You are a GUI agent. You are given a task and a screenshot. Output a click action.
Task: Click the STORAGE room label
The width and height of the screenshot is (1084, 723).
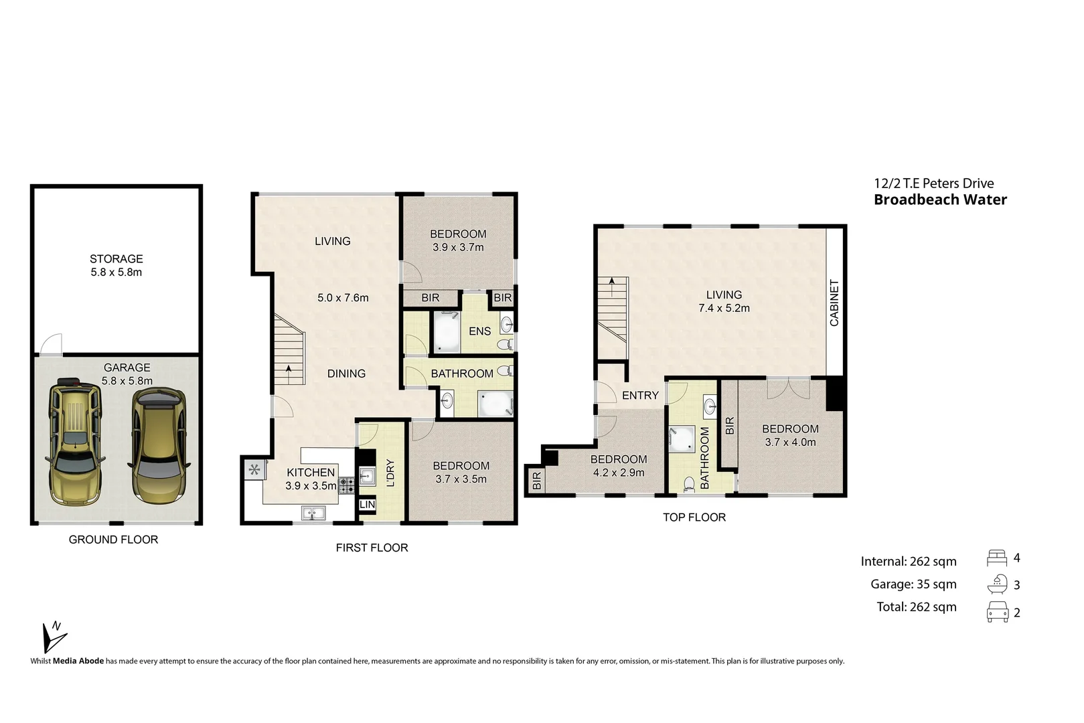click(117, 259)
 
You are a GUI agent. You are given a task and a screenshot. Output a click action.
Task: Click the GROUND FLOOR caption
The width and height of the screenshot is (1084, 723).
click(113, 540)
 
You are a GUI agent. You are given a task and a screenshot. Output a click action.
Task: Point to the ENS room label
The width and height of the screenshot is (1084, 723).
click(479, 331)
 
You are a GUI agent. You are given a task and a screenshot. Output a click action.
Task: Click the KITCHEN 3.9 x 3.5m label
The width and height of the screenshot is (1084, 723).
click(311, 479)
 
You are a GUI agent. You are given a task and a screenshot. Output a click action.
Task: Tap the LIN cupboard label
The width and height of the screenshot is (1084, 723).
click(367, 505)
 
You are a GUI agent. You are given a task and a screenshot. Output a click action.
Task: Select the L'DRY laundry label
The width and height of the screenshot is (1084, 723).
click(391, 473)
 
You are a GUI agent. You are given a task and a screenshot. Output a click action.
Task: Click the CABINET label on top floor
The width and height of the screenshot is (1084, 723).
click(834, 303)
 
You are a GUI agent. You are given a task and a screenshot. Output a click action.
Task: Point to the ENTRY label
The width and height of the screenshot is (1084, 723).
click(640, 396)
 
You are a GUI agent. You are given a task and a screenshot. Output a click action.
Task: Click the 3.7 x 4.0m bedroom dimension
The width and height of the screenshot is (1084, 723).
click(790, 443)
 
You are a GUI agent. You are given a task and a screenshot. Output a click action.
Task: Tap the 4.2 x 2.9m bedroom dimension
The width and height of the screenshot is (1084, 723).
click(619, 473)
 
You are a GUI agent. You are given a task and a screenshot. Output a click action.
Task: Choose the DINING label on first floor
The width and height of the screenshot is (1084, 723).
click(346, 374)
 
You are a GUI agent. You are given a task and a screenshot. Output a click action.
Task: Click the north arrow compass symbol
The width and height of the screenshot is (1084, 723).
click(53, 636)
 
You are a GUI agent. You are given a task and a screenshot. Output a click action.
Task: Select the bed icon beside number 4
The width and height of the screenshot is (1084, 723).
click(997, 557)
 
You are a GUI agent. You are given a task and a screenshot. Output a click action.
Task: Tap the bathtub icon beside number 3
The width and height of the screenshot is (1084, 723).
click(997, 584)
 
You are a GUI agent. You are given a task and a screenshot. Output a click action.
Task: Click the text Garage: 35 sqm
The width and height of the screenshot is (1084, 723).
click(913, 584)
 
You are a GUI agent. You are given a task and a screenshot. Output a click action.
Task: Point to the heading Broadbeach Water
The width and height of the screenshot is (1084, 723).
click(940, 199)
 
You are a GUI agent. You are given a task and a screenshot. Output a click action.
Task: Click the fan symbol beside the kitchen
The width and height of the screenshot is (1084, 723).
click(254, 470)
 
